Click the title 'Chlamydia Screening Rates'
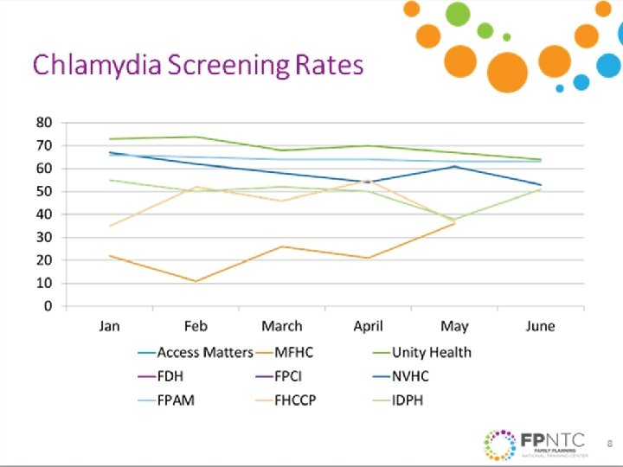pyautogui.click(x=198, y=66)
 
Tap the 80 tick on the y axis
pyautogui.click(x=43, y=122)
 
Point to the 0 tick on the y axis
pyautogui.click(x=48, y=306)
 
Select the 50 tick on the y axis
pyautogui.click(x=43, y=191)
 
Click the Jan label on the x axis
pyautogui.click(x=109, y=326)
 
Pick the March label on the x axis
pyautogui.click(x=282, y=326)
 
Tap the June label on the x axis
pyautogui.click(x=541, y=326)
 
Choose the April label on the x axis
pyautogui.click(x=369, y=326)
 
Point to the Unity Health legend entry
pyautogui.click(x=431, y=352)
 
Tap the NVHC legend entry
pyautogui.click(x=410, y=376)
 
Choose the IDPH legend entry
pyautogui.click(x=408, y=400)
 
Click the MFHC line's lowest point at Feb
pyautogui.click(x=196, y=281)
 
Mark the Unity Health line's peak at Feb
pyautogui.click(x=196, y=137)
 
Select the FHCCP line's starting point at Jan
pyautogui.click(x=109, y=226)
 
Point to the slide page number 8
pyautogui.click(x=609, y=444)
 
